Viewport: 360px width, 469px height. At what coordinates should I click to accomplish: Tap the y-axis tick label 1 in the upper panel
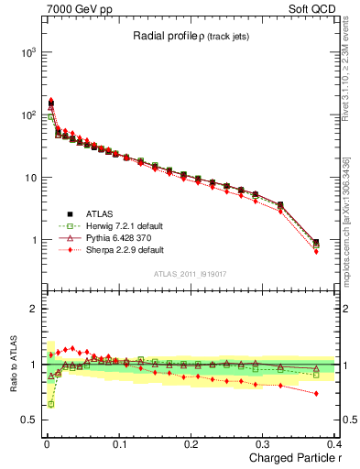point(31,241)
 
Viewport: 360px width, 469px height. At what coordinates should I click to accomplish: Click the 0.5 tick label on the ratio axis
point(27,420)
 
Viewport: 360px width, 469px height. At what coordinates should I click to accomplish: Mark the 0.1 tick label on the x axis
point(119,443)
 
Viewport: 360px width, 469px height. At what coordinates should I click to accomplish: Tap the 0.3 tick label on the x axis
point(265,443)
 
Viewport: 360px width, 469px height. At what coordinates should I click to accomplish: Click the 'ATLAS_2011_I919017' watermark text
point(191,272)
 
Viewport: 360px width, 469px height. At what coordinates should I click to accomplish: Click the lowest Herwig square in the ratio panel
point(50,404)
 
